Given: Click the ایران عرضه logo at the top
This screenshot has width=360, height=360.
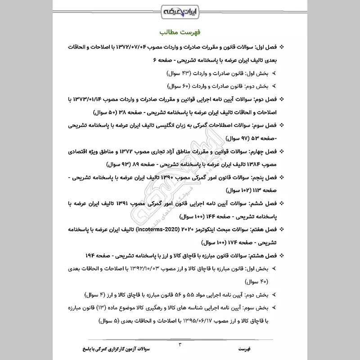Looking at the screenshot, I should [180, 10].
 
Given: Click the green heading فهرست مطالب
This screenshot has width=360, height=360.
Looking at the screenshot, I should [180, 33].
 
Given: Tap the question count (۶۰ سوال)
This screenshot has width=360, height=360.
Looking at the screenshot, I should [179, 85].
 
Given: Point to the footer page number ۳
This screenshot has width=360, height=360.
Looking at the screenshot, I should [180, 345].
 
